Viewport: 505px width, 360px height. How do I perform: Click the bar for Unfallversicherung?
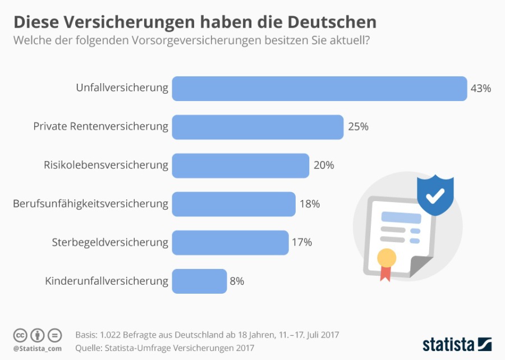click(x=319, y=89)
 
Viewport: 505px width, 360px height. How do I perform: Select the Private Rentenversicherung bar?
click(x=258, y=127)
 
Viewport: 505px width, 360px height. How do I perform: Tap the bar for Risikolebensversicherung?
click(x=240, y=166)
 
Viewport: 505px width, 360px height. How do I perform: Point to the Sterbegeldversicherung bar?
click(x=230, y=243)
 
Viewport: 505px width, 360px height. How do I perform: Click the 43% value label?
click(x=481, y=89)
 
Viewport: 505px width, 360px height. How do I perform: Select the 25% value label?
click(x=358, y=127)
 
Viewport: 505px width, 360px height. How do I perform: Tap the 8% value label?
click(x=237, y=281)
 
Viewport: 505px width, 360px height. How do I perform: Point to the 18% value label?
click(x=310, y=204)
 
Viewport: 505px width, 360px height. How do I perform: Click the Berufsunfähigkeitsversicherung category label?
click(x=90, y=204)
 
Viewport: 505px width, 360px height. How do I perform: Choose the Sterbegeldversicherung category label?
click(x=110, y=243)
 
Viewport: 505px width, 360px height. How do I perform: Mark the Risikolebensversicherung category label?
click(x=106, y=166)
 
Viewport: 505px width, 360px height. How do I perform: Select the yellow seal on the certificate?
click(x=387, y=258)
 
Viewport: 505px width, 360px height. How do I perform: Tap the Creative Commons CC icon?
click(x=20, y=335)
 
